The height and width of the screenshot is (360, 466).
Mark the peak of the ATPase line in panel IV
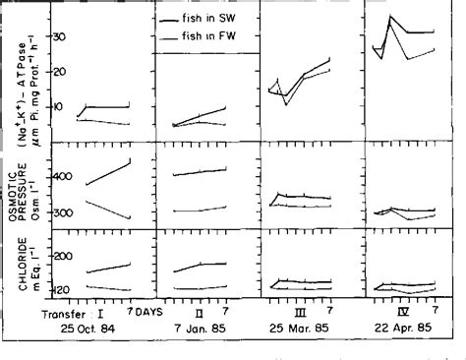[x=392, y=16]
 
